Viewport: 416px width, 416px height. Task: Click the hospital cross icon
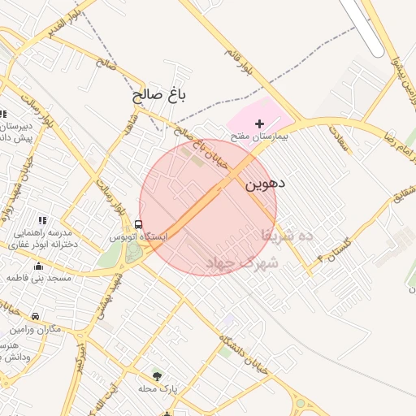click(x=260, y=123)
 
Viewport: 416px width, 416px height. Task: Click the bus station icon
click(x=138, y=224)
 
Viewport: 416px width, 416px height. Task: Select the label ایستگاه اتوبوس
click(x=139, y=236)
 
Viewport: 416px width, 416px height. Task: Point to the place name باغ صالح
click(x=160, y=95)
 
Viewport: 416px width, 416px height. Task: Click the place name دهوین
click(x=265, y=184)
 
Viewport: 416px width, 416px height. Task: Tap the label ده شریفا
click(x=287, y=235)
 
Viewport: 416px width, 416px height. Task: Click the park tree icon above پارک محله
click(x=157, y=375)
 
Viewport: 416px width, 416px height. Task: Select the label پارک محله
click(x=158, y=389)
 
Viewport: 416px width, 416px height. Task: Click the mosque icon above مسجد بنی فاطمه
click(x=37, y=266)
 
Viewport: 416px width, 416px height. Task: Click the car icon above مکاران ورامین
click(x=35, y=316)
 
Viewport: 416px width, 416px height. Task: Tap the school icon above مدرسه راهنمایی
click(x=42, y=220)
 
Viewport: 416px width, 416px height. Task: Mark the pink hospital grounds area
click(x=252, y=114)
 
